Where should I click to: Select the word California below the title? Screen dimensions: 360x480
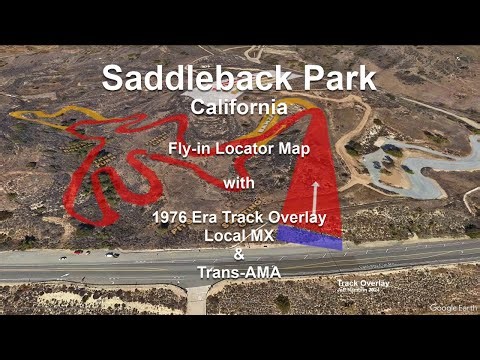click(x=239, y=105)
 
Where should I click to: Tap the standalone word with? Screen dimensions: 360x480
click(x=239, y=183)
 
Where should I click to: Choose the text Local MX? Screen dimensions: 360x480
click(x=239, y=235)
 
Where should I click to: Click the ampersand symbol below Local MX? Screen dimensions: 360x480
click(x=239, y=254)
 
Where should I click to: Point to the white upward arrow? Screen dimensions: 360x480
click(x=316, y=196)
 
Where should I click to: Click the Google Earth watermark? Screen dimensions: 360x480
click(x=451, y=308)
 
